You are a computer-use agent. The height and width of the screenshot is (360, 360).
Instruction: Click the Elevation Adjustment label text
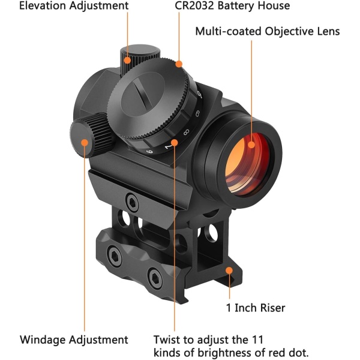pos(74,6)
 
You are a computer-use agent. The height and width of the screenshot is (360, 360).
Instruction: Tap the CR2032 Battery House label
pos(232,5)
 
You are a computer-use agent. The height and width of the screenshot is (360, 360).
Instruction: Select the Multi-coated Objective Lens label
pos(268,31)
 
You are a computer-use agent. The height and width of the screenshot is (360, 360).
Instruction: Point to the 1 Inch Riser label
pos(256,308)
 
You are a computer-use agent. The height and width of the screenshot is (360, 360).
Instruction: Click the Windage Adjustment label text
pos(74,340)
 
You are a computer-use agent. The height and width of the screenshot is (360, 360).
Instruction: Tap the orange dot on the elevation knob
pos(127,60)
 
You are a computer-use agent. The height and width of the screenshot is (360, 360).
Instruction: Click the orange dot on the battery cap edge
pos(179,64)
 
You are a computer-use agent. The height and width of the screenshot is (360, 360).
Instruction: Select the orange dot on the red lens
pos(251,145)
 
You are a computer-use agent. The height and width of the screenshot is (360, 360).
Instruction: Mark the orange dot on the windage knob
pos(85,143)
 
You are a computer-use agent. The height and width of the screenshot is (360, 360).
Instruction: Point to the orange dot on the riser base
pos(229,271)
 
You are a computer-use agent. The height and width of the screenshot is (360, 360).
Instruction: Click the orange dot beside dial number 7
pos(175,143)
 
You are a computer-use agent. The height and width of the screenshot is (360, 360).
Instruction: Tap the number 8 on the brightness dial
pos(186,132)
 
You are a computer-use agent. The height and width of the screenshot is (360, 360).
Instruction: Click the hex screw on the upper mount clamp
pos(132,202)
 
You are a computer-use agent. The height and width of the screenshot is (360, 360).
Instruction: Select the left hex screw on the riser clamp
pos(114,256)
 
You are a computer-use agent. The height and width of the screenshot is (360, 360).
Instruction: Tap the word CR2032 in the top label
pos(194,5)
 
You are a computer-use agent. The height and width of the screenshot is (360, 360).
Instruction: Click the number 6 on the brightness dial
pos(149,152)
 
